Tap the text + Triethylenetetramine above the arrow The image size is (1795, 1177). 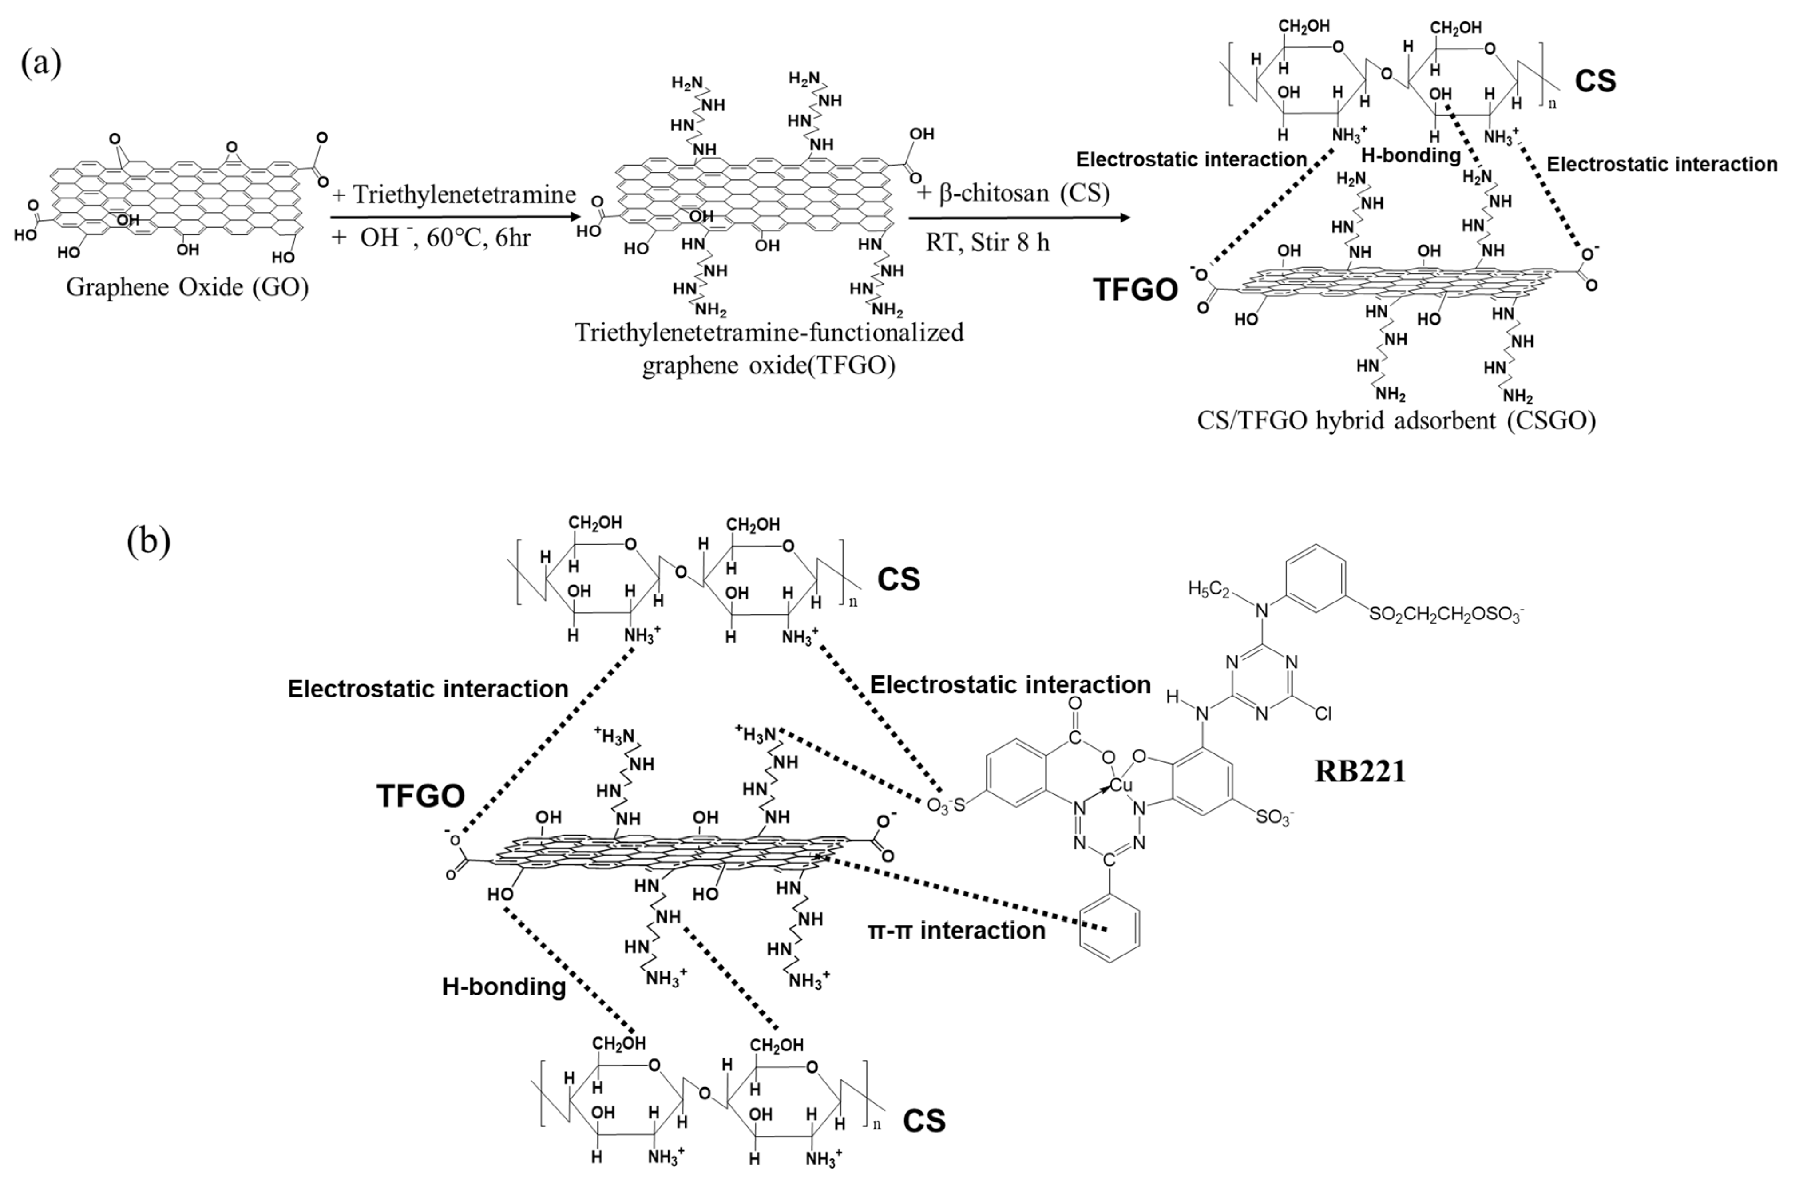pos(454,194)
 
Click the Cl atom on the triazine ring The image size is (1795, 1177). pos(1323,713)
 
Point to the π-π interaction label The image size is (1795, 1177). pos(956,931)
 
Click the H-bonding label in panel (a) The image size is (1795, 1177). pos(1411,155)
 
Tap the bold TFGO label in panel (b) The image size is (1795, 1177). pos(420,795)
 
